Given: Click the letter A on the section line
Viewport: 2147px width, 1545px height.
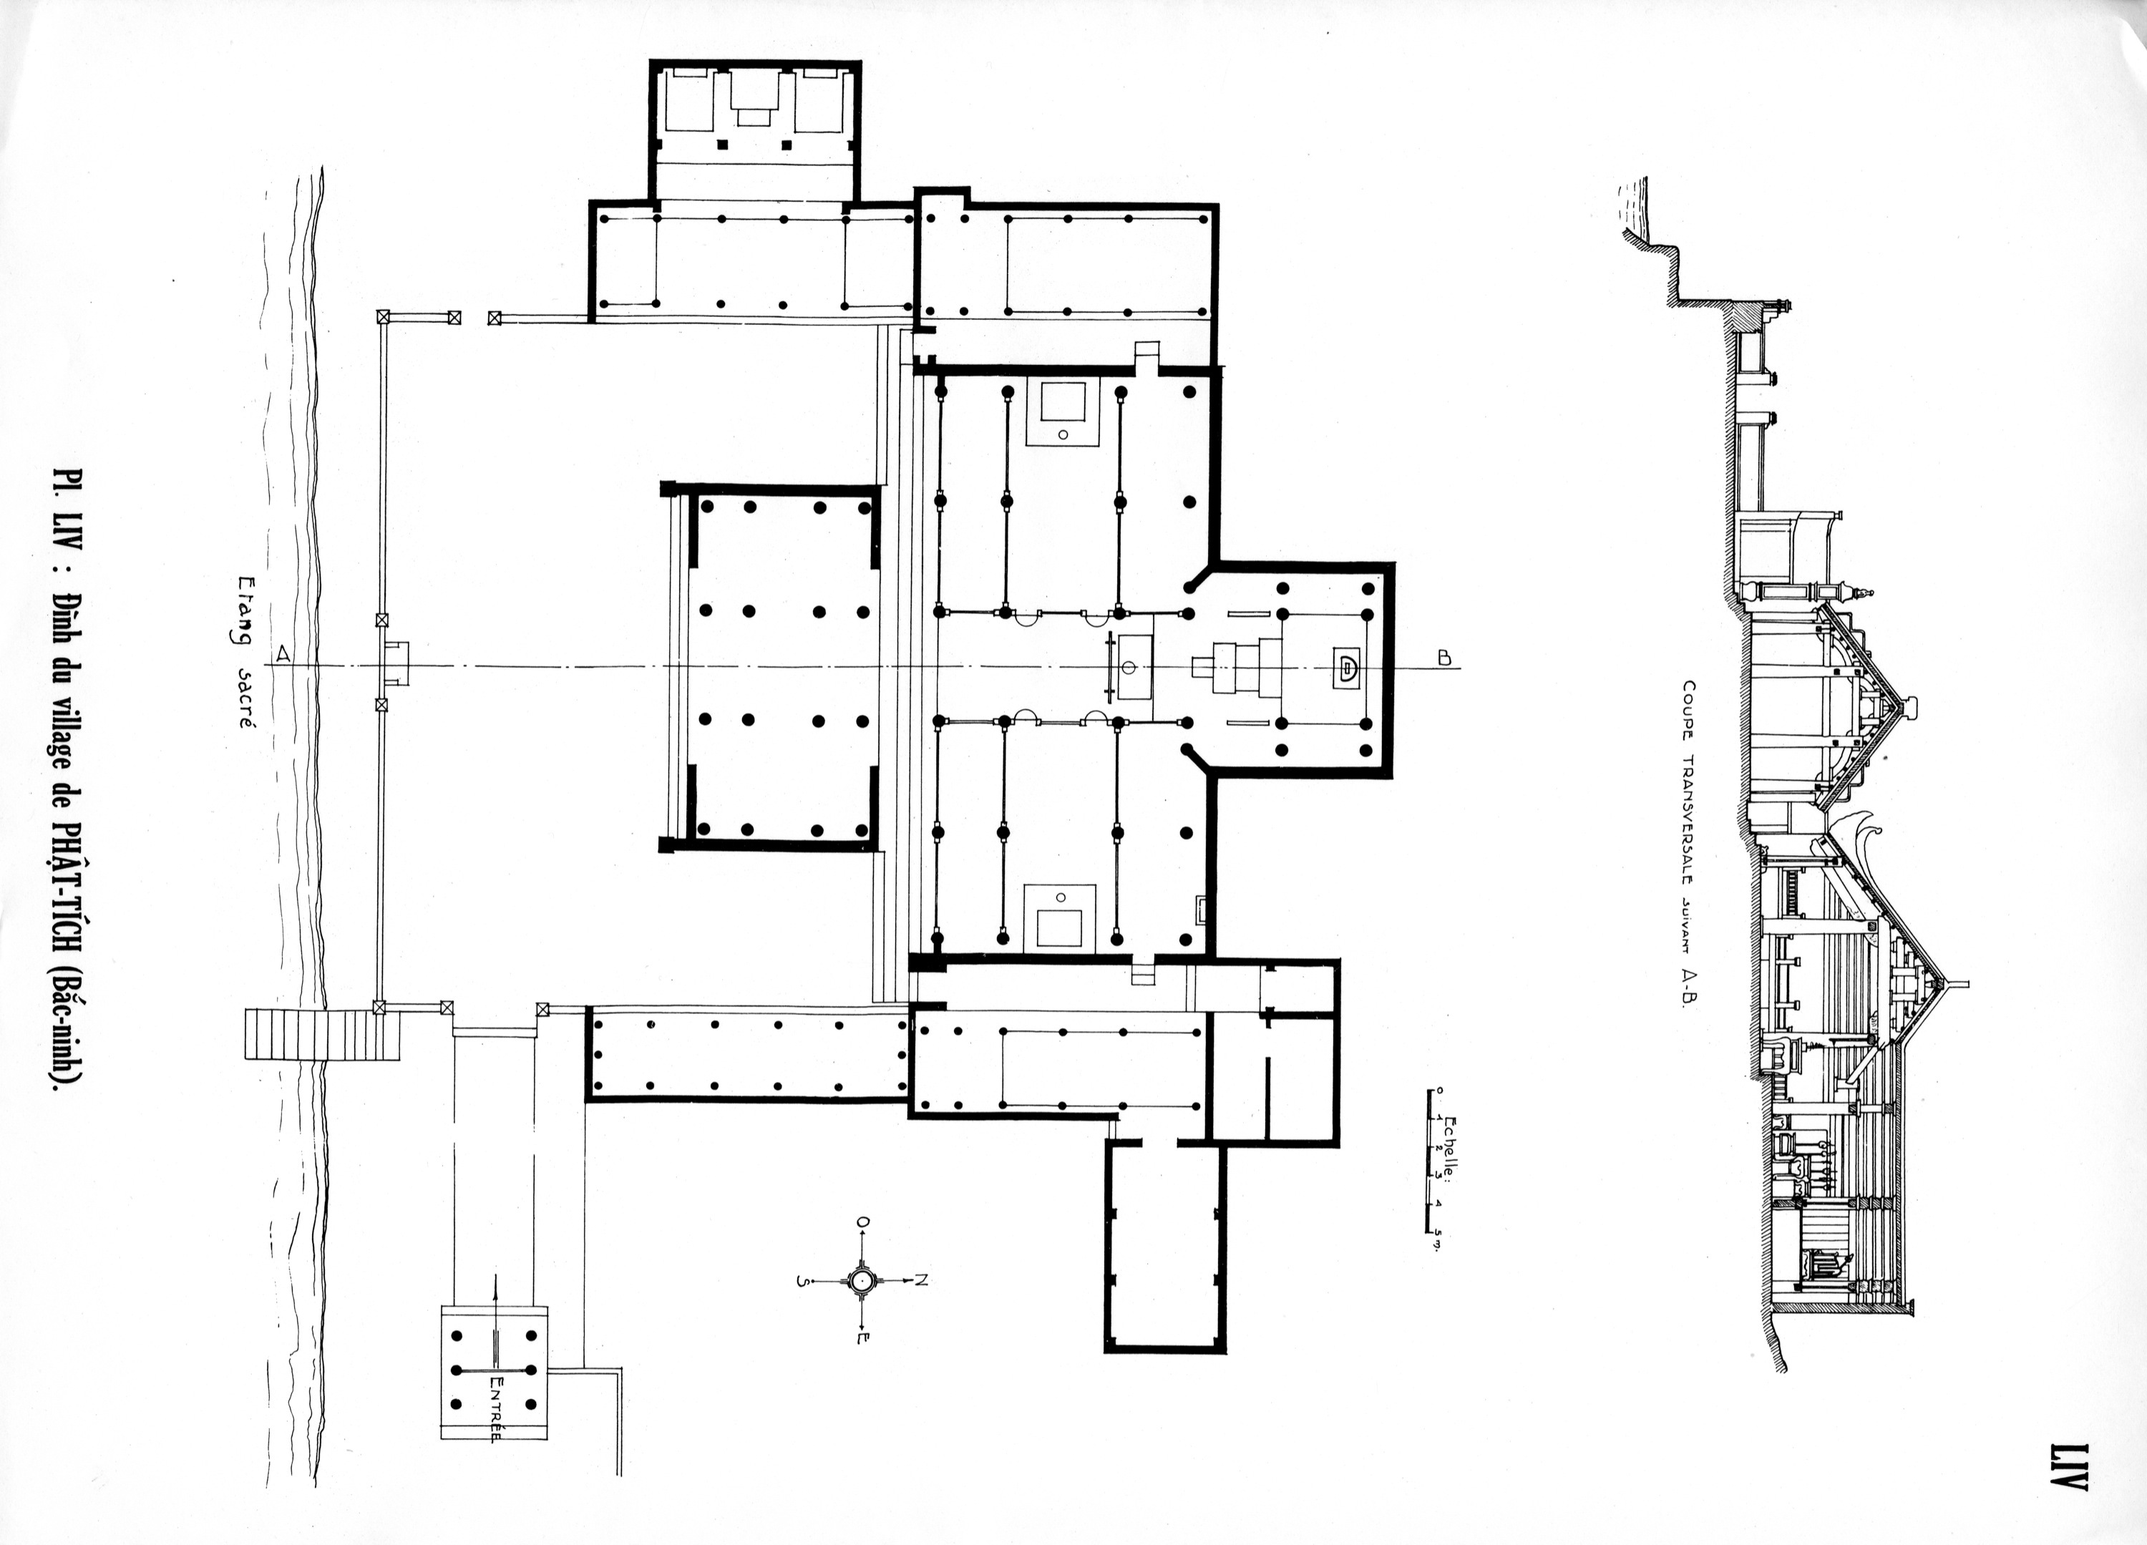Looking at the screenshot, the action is click(281, 653).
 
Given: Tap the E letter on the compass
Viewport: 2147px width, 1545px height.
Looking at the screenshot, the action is click(862, 1337).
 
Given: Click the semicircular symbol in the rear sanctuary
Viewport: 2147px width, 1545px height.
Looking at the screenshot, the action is click(1345, 666).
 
